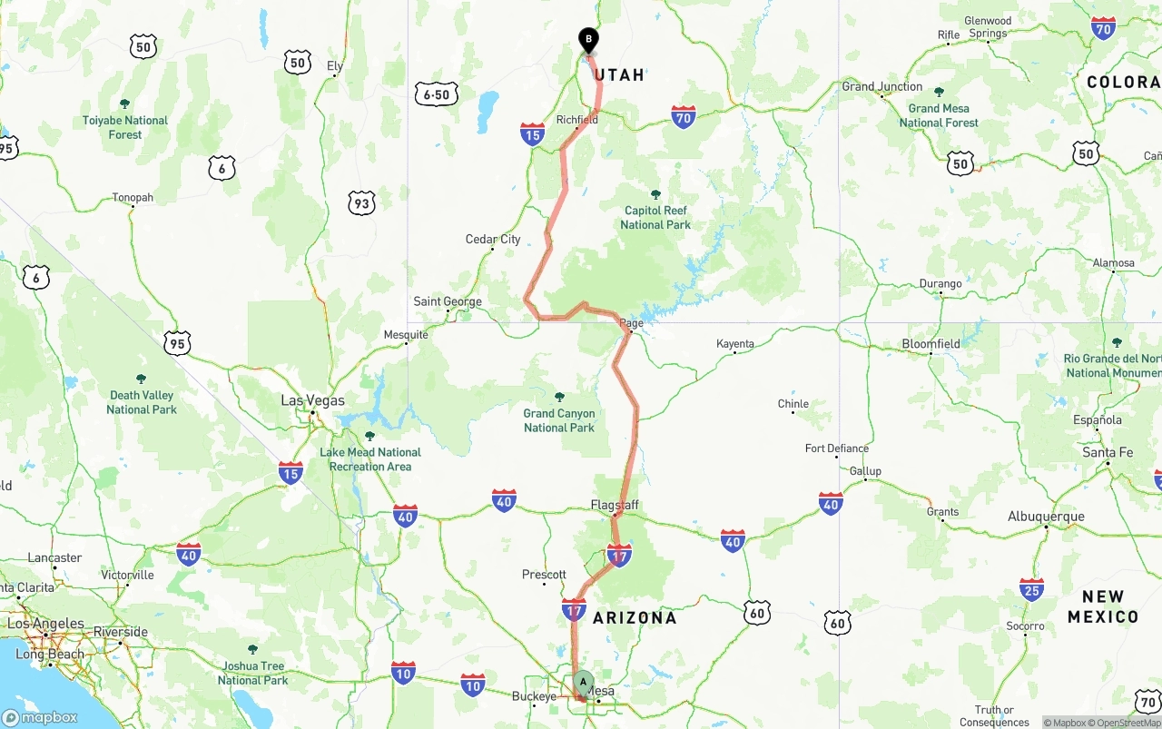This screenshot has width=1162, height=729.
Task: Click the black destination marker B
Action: (588, 40)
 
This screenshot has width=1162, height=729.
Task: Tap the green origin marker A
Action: (583, 683)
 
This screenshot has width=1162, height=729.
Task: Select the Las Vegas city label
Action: (313, 400)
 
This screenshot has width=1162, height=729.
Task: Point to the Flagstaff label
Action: (615, 505)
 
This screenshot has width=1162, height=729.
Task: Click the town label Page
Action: (631, 323)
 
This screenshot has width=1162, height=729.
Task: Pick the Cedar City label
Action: (493, 240)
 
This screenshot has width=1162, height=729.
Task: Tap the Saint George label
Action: (448, 301)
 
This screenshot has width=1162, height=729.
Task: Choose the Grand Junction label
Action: (882, 87)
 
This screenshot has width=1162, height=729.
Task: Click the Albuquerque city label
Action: (1046, 517)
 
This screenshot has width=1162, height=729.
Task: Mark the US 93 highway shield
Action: (361, 203)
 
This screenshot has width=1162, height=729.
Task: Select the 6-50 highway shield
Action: (436, 94)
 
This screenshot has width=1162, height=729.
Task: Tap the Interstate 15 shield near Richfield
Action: (533, 135)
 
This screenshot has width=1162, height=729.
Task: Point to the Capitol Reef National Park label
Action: (655, 217)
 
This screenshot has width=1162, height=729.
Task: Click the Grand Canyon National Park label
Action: (559, 420)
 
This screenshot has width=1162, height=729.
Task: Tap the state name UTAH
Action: (619, 75)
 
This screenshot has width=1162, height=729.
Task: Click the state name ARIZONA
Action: (635, 618)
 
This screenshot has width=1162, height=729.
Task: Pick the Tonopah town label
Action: (133, 197)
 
